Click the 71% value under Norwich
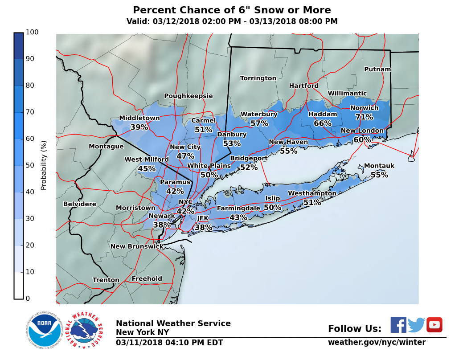pyautogui.click(x=364, y=117)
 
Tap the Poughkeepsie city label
pyautogui.click(x=188, y=96)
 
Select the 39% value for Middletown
pyautogui.click(x=139, y=127)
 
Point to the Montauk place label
pyautogui.click(x=379, y=166)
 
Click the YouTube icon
pyautogui.click(x=434, y=325)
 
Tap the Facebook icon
pyautogui.click(x=398, y=325)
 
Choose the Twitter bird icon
pyautogui.click(x=416, y=325)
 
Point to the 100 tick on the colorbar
pyautogui.click(x=32, y=32)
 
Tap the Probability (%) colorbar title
pyautogui.click(x=44, y=165)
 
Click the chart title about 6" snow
pyautogui.click(x=232, y=10)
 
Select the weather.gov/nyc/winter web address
pyautogui.click(x=377, y=342)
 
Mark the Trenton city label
pyautogui.click(x=106, y=280)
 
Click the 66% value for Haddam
pyautogui.click(x=322, y=123)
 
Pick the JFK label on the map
pyautogui.click(x=203, y=218)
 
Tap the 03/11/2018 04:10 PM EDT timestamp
pyautogui.click(x=169, y=343)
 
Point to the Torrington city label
pyautogui.click(x=258, y=78)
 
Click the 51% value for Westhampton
pyautogui.click(x=312, y=202)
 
